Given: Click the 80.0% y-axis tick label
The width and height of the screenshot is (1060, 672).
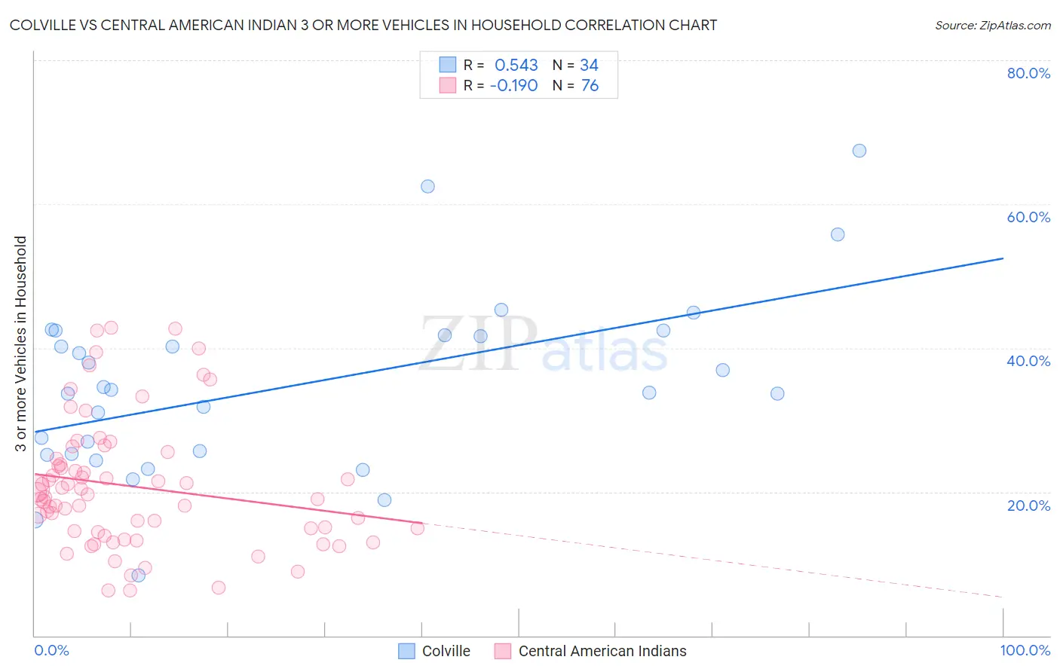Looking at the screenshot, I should [1028, 73].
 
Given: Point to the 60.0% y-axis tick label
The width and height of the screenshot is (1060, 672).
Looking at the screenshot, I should [1028, 217].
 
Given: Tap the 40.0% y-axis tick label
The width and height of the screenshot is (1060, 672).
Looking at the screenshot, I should [1028, 361].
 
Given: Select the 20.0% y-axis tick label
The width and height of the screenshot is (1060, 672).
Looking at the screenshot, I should [1028, 505].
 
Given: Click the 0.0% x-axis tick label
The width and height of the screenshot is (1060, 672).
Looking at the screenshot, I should [51, 650].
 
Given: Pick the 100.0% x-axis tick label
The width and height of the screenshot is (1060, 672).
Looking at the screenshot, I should [1025, 650].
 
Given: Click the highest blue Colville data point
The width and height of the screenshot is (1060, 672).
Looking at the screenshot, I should [859, 151].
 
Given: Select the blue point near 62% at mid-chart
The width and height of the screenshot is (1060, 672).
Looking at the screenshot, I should [427, 186].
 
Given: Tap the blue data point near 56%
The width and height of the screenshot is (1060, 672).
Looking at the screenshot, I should [837, 234].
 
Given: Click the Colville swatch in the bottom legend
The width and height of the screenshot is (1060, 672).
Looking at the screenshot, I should [406, 651].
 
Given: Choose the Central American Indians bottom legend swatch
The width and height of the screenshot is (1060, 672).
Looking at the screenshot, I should [503, 651].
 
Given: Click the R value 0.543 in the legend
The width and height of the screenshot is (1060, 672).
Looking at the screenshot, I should [516, 66].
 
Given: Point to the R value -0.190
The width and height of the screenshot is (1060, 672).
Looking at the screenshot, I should [513, 86].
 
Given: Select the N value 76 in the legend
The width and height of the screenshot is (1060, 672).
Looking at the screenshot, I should [590, 86].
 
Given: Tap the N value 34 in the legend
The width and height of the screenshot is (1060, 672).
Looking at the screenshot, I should [589, 66].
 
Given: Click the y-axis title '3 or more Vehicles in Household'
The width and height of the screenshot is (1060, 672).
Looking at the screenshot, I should [20, 344].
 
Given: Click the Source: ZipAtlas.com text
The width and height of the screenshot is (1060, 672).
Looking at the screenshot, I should [992, 26].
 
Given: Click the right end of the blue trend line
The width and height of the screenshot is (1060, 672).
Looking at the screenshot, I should [1003, 258].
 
